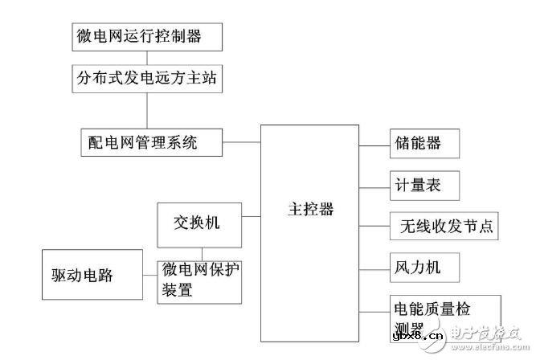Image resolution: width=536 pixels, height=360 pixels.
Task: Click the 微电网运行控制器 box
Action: click(145, 37)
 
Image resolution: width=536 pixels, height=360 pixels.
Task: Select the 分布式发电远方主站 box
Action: click(145, 79)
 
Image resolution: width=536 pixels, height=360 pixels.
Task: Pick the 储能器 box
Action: click(414, 145)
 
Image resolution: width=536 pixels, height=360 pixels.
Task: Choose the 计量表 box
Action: click(414, 186)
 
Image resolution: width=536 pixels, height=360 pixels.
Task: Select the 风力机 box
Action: click(414, 266)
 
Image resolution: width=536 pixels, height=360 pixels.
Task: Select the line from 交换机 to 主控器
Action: click(251, 217)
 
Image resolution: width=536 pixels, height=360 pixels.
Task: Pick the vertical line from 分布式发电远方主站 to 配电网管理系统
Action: click(145, 111)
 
